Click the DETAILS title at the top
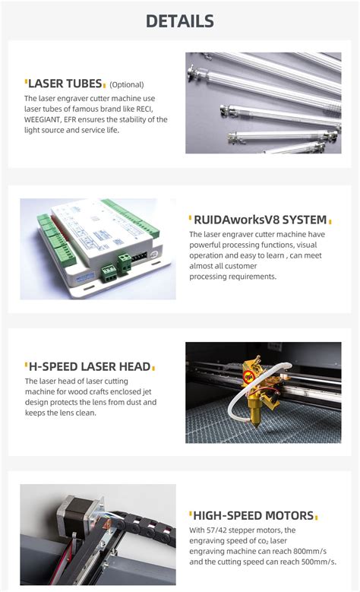tap(180, 21)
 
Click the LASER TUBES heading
tap(65, 84)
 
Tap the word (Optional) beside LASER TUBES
tap(127, 85)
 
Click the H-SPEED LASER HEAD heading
tap(87, 366)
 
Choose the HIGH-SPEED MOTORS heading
tap(253, 515)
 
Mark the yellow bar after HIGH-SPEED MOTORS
tap(317, 516)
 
